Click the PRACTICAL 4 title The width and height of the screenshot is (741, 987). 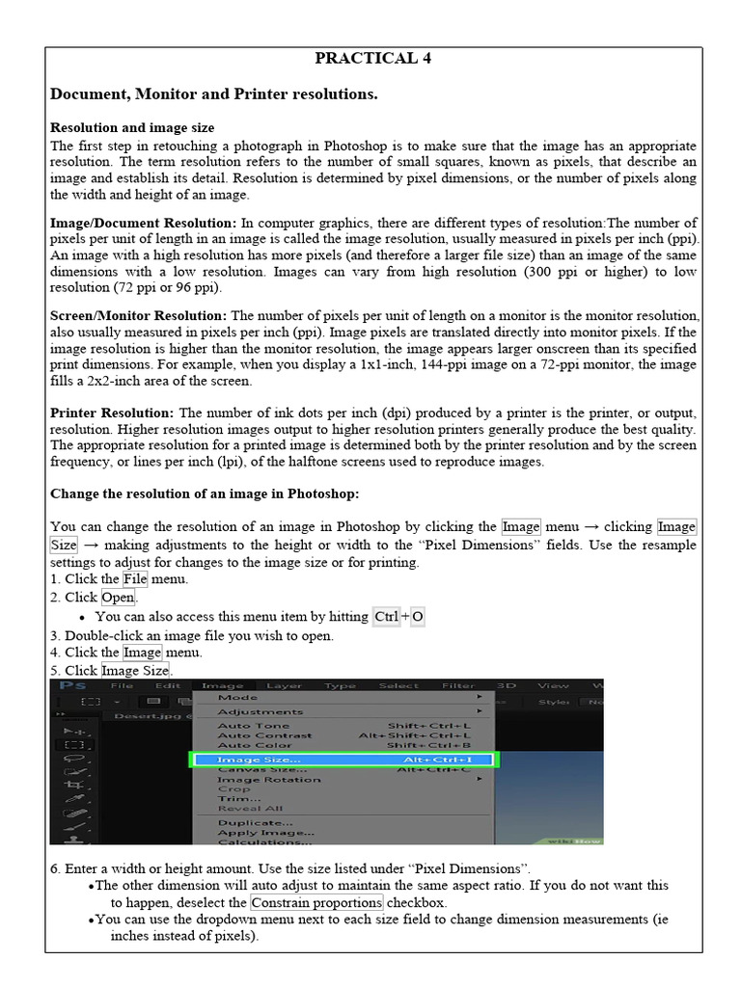[372, 59]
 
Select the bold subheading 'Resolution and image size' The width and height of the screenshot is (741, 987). [132, 127]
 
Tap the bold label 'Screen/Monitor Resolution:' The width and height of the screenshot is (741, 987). [138, 315]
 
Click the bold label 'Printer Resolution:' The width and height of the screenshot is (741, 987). [112, 413]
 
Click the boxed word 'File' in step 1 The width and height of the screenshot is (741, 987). [135, 579]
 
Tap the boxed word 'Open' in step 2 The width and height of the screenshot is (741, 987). [119, 598]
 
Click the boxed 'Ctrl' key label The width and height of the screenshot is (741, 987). [386, 617]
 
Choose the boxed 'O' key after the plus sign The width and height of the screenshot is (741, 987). [418, 617]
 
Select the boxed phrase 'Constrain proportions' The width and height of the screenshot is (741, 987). [316, 902]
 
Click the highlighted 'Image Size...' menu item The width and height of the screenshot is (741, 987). [258, 760]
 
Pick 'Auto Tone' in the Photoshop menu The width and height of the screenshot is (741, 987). [253, 725]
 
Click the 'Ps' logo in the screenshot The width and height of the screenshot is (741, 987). [72, 685]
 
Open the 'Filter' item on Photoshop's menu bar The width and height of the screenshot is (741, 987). [457, 685]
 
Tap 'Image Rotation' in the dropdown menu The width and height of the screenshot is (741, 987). [256, 779]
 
